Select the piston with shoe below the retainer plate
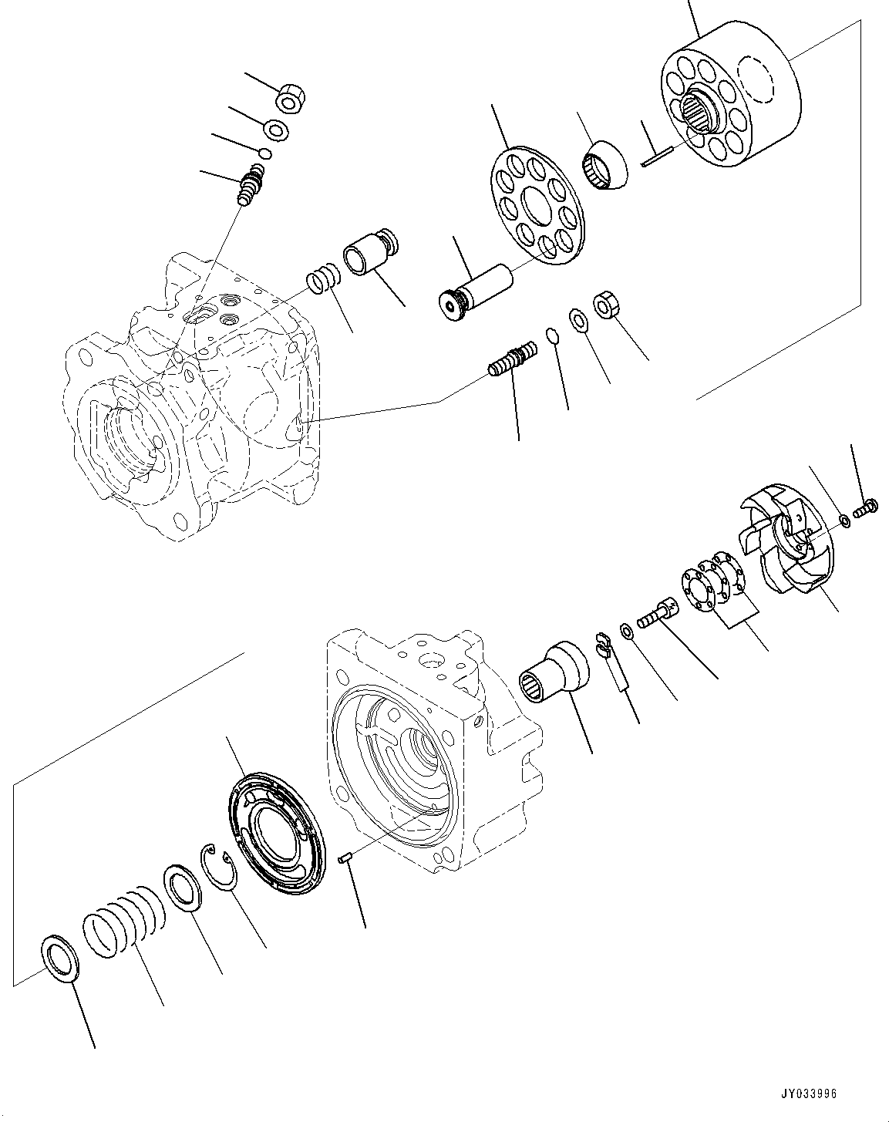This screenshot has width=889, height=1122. (x=474, y=290)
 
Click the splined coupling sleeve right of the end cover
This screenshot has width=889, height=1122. (x=552, y=669)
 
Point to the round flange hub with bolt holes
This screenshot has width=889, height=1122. (x=711, y=585)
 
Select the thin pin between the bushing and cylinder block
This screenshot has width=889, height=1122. (x=656, y=157)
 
